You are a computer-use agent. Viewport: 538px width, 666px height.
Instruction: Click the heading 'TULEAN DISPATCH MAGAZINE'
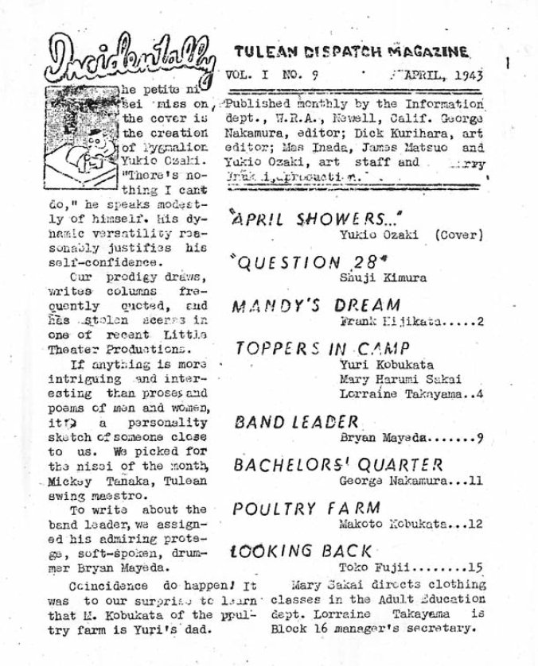coord(350,53)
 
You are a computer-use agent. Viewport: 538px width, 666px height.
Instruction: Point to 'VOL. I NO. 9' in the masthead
coord(262,81)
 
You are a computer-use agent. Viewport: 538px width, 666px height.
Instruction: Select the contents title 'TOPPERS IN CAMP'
coord(322,348)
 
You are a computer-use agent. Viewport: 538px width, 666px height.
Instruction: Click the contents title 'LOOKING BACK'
coord(302,551)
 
